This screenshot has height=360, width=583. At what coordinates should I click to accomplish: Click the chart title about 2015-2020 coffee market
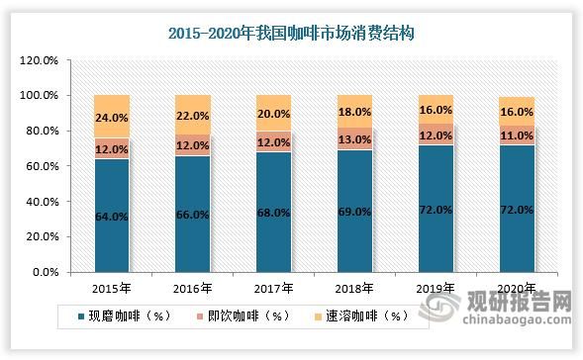(x=291, y=33)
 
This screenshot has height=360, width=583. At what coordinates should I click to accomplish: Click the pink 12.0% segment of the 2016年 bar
(x=193, y=144)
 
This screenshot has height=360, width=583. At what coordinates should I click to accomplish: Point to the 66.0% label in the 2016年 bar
(x=192, y=213)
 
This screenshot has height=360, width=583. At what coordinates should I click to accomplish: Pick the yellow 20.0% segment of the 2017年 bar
(x=273, y=113)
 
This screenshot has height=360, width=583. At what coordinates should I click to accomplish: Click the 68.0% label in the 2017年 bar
(x=274, y=212)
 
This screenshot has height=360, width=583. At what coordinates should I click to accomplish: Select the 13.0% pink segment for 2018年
(x=354, y=138)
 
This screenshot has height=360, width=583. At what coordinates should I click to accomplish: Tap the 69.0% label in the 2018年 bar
(x=355, y=211)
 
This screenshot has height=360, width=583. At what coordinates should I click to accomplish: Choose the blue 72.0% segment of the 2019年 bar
(x=436, y=208)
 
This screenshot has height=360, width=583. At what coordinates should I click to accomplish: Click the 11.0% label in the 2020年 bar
(x=517, y=135)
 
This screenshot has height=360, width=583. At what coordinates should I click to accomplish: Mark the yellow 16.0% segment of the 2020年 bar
(x=517, y=111)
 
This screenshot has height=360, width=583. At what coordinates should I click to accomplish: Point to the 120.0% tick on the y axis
(x=41, y=60)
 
